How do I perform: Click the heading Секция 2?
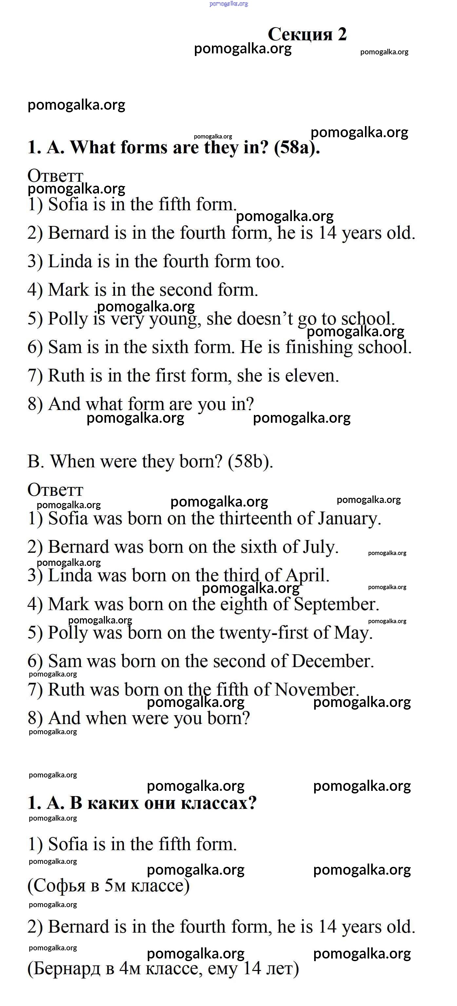click(x=307, y=34)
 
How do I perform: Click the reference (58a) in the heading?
click(x=297, y=148)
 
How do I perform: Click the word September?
click(x=336, y=604)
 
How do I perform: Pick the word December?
click(x=333, y=661)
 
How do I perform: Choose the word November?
click(x=316, y=690)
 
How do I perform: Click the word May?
click(x=353, y=633)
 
